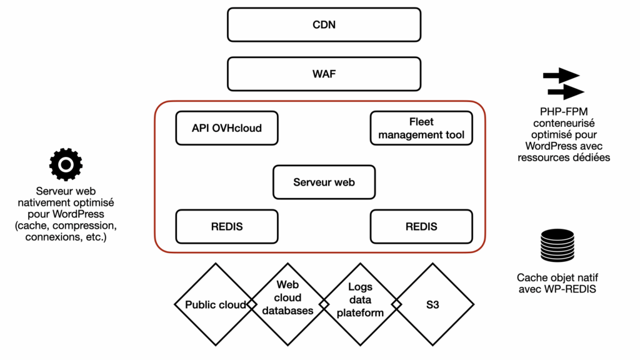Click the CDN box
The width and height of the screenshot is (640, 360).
(x=324, y=25)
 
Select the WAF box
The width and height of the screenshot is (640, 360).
(x=324, y=74)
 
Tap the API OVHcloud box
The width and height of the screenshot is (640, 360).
(x=227, y=128)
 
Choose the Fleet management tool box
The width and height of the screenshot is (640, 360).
(x=421, y=128)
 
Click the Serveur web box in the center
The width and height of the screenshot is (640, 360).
(x=324, y=182)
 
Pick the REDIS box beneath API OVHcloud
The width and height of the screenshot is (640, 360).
(x=227, y=226)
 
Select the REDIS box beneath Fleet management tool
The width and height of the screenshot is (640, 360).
(x=421, y=226)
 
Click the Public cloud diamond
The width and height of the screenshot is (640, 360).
(x=215, y=304)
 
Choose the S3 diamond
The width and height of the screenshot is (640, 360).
(x=432, y=304)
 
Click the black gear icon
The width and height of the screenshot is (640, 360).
(x=66, y=164)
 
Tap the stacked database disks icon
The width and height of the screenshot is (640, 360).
(x=556, y=246)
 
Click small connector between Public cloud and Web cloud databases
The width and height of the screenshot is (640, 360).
(x=251, y=304)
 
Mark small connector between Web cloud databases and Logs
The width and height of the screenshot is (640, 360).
(x=324, y=304)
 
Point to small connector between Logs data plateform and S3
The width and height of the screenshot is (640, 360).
(x=396, y=304)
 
